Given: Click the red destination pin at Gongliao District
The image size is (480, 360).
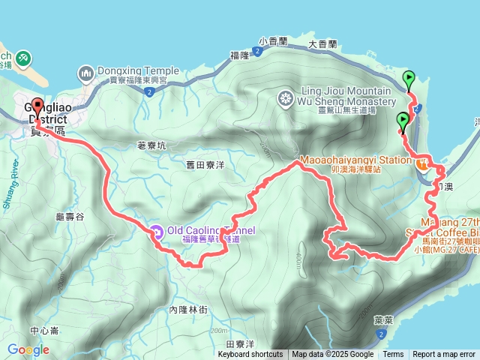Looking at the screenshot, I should click(x=38, y=106).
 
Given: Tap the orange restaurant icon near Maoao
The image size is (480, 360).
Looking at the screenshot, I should click(x=424, y=162).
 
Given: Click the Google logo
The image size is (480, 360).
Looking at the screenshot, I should click(x=28, y=349).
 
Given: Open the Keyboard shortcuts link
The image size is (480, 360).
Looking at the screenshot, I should click(x=250, y=355).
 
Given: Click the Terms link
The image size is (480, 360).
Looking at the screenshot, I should click(x=393, y=355).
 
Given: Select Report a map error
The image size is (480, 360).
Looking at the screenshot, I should click(x=444, y=355).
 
